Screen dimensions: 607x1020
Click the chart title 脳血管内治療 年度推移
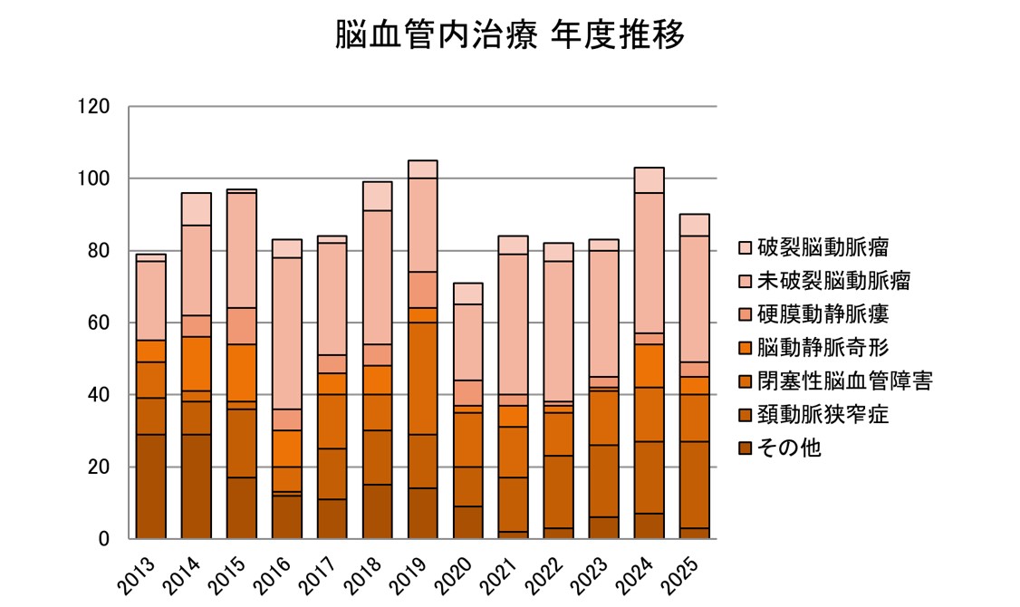pos(509,36)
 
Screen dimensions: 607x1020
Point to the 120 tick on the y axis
pos(94,107)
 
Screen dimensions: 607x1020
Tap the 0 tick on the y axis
pos(104,540)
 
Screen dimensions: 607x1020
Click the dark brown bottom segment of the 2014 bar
pos(197,487)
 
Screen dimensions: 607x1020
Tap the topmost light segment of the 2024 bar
pos(649,180)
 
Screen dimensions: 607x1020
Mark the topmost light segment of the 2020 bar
pos(467,294)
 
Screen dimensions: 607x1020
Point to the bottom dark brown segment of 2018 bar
pos(377,512)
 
